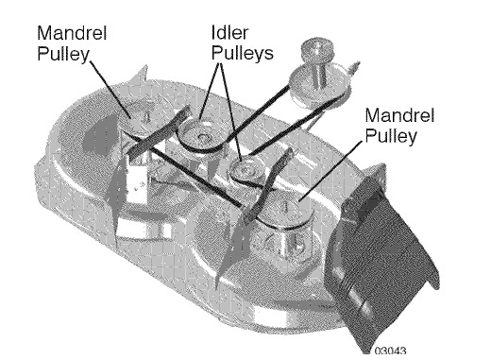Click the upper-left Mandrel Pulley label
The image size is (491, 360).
[x=72, y=43]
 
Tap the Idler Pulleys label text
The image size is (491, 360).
[x=242, y=43]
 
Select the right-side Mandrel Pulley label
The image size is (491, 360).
[x=399, y=126]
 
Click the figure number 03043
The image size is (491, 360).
[x=390, y=351]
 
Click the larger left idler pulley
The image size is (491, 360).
[x=201, y=136]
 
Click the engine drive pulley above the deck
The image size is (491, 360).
[x=318, y=85]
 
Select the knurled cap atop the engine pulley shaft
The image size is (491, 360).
[x=317, y=49]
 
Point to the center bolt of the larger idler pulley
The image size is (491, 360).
[x=202, y=137]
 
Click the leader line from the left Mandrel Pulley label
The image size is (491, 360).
[x=110, y=89]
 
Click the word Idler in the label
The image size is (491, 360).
[x=229, y=33]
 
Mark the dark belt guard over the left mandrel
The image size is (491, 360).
[x=158, y=132]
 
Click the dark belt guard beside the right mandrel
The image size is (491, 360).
[x=267, y=186]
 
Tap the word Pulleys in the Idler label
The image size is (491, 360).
[x=242, y=53]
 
